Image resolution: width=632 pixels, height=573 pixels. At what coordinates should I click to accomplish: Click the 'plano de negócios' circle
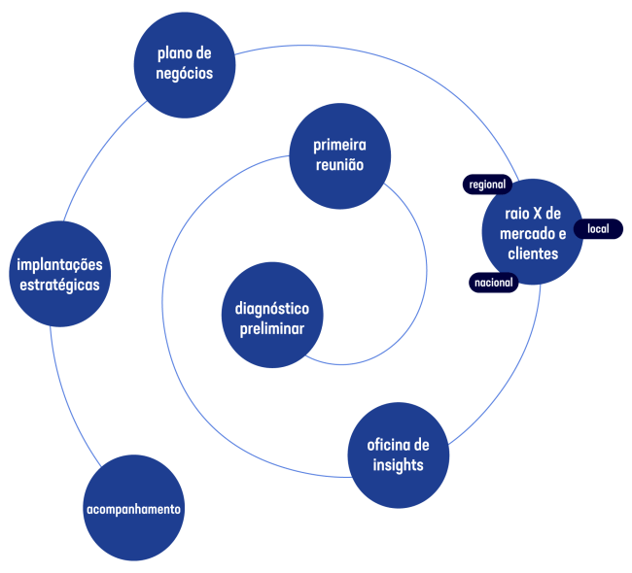coord(184,64)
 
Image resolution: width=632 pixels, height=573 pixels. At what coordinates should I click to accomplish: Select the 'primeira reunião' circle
coord(339,156)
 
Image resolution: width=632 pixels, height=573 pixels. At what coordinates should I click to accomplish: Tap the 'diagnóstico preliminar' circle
coord(272,319)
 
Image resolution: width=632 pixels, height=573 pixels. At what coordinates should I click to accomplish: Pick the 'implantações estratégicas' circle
coord(60,276)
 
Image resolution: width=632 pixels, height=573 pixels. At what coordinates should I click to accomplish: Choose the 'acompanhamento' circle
coord(133,510)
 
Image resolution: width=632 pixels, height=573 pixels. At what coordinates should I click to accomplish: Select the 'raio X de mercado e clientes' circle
coord(533,233)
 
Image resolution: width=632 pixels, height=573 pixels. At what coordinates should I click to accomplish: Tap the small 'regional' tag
coord(486,185)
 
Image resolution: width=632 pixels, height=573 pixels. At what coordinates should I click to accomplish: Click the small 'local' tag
coord(598,229)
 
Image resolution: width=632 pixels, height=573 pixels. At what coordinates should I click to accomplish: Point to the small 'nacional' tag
coord(493,283)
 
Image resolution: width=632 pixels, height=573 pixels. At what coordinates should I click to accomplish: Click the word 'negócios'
coord(184,74)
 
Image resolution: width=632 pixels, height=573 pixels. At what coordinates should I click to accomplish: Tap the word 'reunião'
coord(339,166)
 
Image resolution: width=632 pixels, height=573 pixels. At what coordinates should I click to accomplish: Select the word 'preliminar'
coord(272,329)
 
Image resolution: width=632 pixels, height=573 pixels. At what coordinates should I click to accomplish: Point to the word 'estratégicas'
coord(60,286)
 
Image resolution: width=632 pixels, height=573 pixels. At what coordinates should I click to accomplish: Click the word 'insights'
coord(398,466)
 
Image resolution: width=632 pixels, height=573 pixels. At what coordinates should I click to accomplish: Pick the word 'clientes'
coord(533,254)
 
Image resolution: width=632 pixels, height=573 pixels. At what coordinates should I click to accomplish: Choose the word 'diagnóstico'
coord(272,309)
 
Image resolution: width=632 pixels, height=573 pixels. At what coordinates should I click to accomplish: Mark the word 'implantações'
coord(60,265)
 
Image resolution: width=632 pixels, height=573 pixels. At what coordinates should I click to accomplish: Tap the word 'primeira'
coord(339,146)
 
